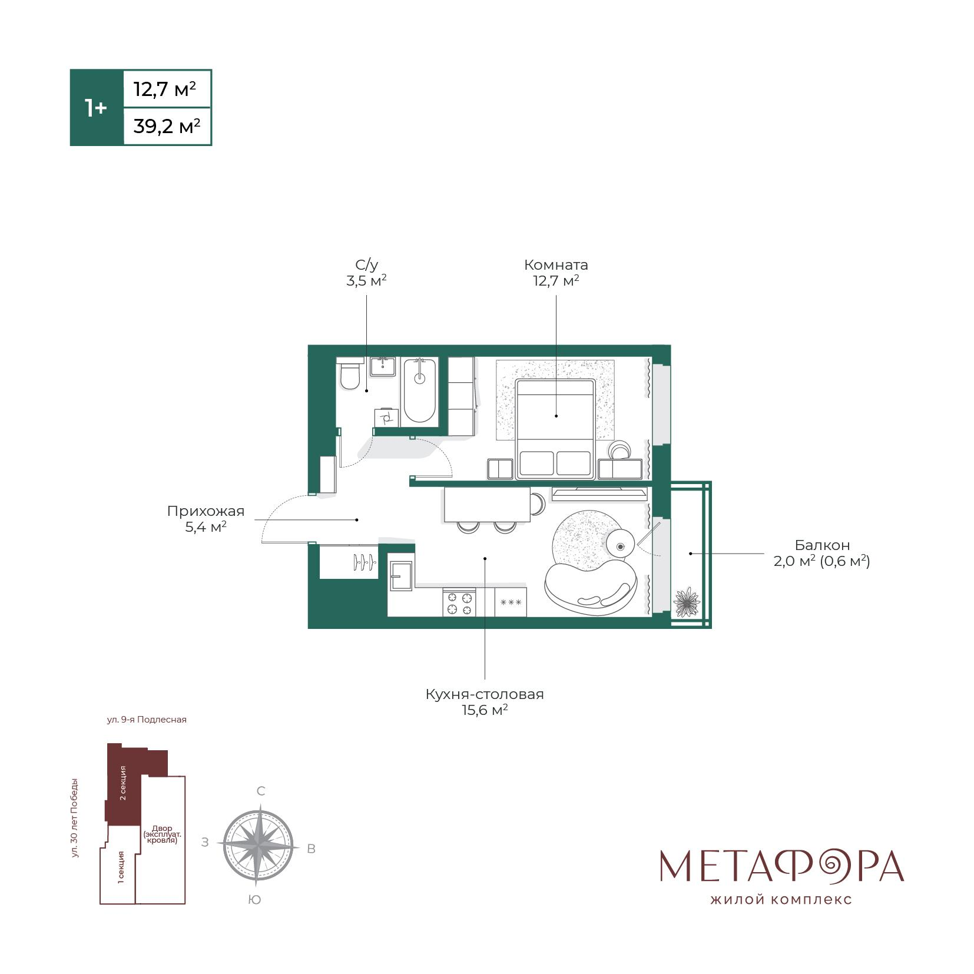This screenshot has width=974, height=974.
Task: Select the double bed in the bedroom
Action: tap(555, 429)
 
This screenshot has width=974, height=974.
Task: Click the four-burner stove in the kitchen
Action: tap(459, 602)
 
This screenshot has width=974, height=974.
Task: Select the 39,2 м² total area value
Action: tap(167, 126)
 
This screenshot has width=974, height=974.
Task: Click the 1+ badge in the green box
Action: tap(96, 108)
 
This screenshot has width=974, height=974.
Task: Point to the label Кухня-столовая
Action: tap(485, 694)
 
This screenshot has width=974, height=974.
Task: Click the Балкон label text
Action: tap(822, 545)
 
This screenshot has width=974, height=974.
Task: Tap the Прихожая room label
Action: tap(206, 511)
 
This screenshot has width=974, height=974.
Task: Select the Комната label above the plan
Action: tap(556, 265)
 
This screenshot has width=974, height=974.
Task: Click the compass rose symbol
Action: tap(258, 844)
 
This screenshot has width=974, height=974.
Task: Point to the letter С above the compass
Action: tap(261, 791)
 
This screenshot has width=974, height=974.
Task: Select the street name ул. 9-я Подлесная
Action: tap(147, 720)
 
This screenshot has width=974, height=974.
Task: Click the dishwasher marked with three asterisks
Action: tap(511, 602)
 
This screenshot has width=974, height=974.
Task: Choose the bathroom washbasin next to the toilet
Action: tap(383, 367)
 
